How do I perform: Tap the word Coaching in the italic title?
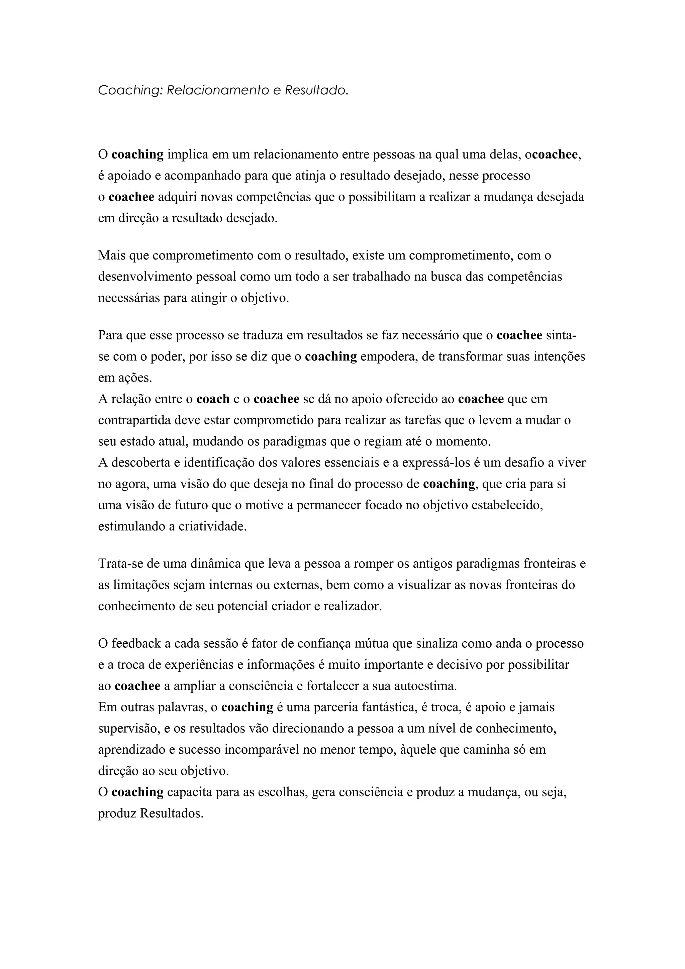(x=130, y=90)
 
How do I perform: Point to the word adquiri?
(x=175, y=197)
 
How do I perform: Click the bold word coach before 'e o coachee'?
(x=213, y=399)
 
